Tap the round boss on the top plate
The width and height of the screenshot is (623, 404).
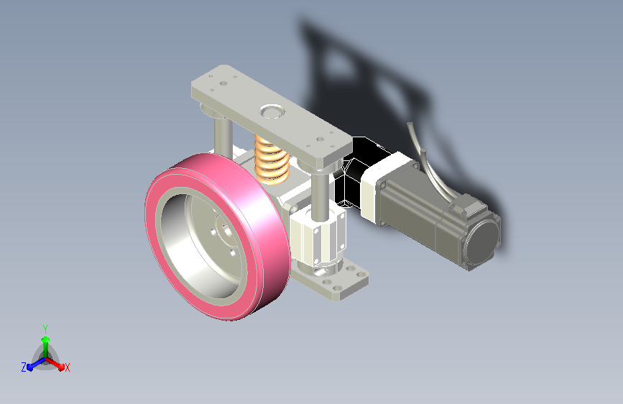[272, 111]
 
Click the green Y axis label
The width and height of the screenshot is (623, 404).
[45, 329]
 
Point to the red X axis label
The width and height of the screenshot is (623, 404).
[67, 368]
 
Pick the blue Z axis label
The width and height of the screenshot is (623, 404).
[24, 367]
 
